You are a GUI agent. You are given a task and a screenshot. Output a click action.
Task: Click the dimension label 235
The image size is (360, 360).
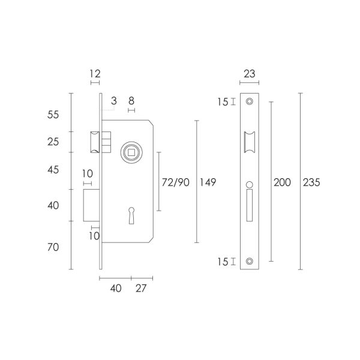pyautogui.click(x=311, y=182)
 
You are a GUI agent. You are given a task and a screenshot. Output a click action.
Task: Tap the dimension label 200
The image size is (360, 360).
pyautogui.click(x=282, y=182)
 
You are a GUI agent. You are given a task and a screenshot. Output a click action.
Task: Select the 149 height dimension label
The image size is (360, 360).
pyautogui.click(x=208, y=182)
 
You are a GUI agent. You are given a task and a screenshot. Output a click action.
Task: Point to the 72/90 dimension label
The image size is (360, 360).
pyautogui.click(x=176, y=182)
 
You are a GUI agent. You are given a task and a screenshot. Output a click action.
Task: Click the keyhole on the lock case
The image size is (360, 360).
pyautogui.click(x=131, y=215)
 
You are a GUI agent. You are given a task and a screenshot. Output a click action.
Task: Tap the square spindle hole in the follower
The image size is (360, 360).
pyautogui.click(x=131, y=152)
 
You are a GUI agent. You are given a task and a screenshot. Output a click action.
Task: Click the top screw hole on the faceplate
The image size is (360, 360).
pyautogui.click(x=250, y=101)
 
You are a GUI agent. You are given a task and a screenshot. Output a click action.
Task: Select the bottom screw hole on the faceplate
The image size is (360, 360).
pyautogui.click(x=250, y=261)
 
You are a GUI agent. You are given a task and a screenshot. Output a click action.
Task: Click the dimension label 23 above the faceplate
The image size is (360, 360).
pyautogui.click(x=250, y=74)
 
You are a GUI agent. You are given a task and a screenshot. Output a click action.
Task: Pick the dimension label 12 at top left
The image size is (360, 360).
pyautogui.click(x=95, y=74)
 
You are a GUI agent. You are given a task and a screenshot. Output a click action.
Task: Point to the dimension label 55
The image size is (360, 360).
pyautogui.click(x=53, y=115)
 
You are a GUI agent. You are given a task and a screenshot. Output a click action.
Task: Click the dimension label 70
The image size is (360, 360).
pyautogui.click(x=53, y=247)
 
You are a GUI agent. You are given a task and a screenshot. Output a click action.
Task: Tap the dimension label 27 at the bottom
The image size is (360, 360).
pyautogui.click(x=141, y=289)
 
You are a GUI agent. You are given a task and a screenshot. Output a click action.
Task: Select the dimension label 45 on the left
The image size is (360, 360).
pyautogui.click(x=53, y=170)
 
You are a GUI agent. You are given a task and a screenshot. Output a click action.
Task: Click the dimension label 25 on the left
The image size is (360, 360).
pyautogui.click(x=53, y=142)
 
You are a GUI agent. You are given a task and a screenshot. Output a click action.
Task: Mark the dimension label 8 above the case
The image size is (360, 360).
pyautogui.click(x=131, y=101)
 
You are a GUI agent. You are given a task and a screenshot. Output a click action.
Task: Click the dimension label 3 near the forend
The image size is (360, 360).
pyautogui.click(x=114, y=101)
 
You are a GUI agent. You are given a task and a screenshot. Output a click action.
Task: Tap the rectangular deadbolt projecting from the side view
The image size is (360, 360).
pyautogui.click(x=91, y=205)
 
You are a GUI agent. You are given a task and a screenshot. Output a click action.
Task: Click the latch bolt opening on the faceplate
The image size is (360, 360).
pyautogui.click(x=250, y=142)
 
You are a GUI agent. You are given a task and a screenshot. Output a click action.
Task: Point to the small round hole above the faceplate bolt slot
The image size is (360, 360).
pyautogui.click(x=250, y=185)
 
